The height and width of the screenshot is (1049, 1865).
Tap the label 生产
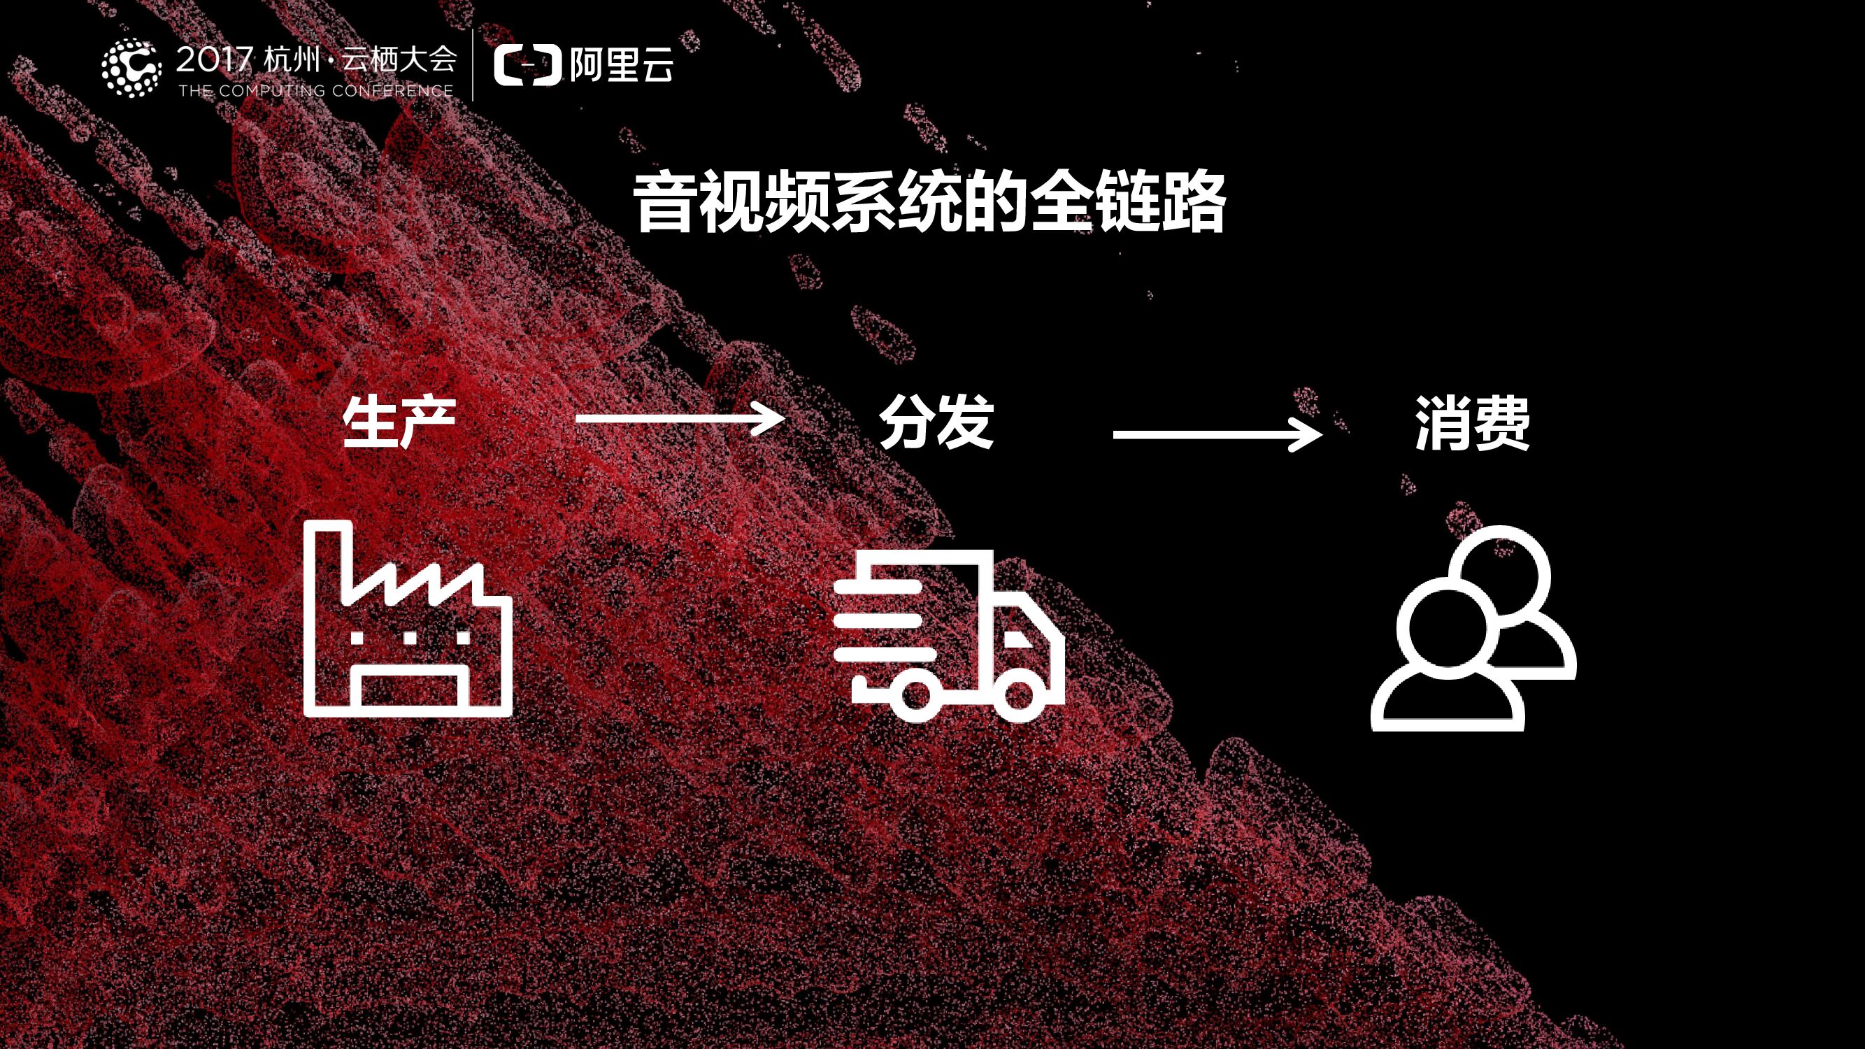pos(399,422)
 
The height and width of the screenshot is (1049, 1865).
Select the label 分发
pos(936,422)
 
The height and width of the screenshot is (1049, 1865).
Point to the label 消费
pos(1473,424)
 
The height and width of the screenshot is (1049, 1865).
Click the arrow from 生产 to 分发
pos(679,418)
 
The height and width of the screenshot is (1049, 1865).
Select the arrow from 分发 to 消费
pos(1216,434)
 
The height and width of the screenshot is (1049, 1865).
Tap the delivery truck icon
pos(948,637)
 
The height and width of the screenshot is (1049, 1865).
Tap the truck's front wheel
pos(1019,696)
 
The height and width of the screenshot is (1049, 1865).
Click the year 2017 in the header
pos(214,59)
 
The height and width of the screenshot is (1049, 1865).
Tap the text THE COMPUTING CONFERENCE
pos(315,91)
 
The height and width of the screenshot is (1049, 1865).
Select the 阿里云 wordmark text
pos(621,65)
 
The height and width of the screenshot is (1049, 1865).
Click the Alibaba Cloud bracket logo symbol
pos(527,65)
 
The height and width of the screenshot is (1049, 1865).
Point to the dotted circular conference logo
pos(131,67)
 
